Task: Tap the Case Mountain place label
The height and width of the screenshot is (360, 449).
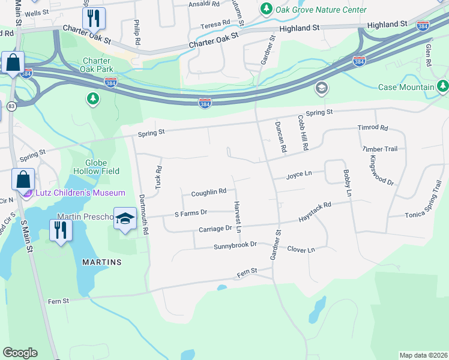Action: [406, 87]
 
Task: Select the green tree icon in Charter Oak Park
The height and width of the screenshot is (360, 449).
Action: [92, 98]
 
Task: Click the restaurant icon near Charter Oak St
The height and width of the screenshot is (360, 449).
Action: [94, 19]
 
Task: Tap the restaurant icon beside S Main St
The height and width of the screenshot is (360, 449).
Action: [61, 231]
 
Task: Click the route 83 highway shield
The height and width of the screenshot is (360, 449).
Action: [11, 106]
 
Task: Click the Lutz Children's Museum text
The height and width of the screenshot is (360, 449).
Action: [80, 193]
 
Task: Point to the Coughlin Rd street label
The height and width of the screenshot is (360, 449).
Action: [208, 193]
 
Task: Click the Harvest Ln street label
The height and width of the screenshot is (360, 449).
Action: [238, 217]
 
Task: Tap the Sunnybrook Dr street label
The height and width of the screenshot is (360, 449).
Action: [235, 245]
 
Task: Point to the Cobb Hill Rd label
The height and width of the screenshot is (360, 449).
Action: [303, 133]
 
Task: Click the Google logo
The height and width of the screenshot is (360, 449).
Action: [20, 353]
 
